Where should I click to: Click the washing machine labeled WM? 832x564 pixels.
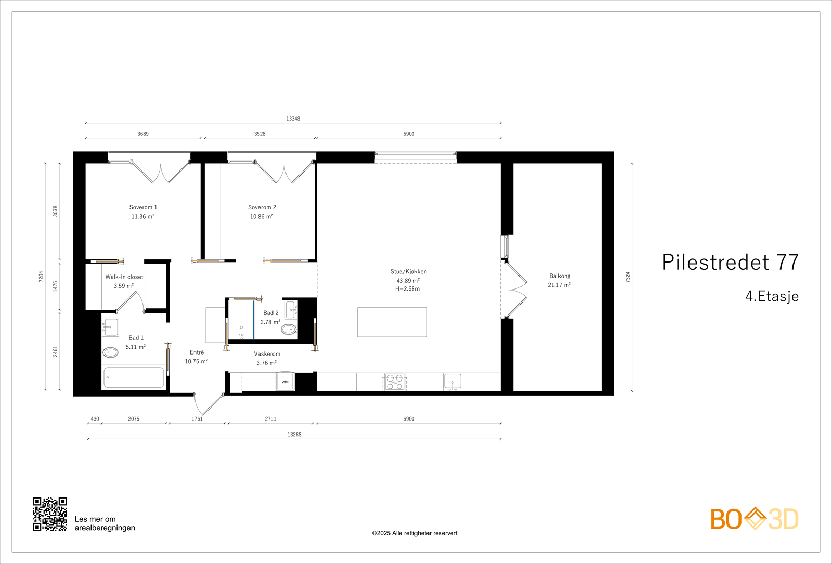[x=285, y=382]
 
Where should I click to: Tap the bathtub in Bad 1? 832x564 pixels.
[x=134, y=377]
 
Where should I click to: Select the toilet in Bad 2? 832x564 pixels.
[x=289, y=329]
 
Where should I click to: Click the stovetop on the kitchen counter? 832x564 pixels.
[x=395, y=382]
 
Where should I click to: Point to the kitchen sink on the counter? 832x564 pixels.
[x=452, y=382]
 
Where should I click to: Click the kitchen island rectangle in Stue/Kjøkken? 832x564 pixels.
[x=392, y=322]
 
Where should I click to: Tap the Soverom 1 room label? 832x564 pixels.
[x=143, y=207]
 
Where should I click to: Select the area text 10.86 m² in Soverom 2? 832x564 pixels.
[x=262, y=217]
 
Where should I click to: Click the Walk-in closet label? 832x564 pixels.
[x=124, y=277]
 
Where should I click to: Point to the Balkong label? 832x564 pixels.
[x=560, y=276]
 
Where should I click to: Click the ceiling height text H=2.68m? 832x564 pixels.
[x=408, y=289]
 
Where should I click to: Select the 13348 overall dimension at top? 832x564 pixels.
[x=293, y=119]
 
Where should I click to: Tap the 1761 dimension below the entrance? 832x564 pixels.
[x=197, y=419]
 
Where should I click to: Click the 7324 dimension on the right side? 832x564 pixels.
[x=628, y=277]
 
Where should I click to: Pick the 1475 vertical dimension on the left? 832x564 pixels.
[x=55, y=286]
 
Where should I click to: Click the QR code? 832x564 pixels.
[x=50, y=514]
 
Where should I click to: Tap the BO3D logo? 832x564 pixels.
[x=754, y=519]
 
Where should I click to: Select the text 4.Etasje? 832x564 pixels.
[x=772, y=296]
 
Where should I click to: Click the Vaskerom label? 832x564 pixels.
[x=267, y=354]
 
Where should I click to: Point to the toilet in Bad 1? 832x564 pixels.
[x=111, y=352]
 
